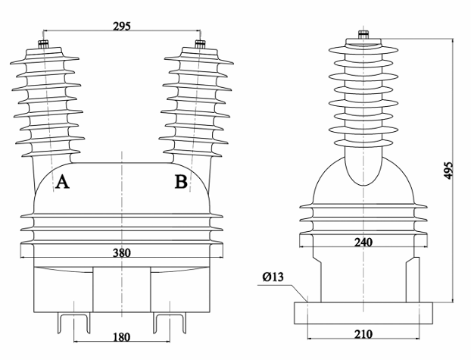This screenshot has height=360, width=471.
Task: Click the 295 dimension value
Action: point(121,26)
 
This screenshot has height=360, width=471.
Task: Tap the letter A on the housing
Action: point(63,182)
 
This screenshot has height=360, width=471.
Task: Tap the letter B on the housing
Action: point(181,182)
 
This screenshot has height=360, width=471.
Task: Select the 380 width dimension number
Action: point(121,252)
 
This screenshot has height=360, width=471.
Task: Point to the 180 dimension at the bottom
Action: point(121,337)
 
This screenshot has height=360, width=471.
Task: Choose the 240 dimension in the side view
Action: point(362,243)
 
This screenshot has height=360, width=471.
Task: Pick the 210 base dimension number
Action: point(362,334)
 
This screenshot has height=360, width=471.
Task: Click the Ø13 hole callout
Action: point(273,277)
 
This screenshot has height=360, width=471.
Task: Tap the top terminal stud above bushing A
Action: point(42,44)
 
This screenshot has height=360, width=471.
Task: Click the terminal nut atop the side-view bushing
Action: point(363,34)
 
